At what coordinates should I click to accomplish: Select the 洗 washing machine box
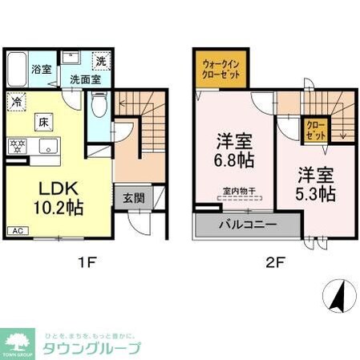[x=101, y=62]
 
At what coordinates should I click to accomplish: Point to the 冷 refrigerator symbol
[x=17, y=102]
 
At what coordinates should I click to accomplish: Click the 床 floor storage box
[x=44, y=122]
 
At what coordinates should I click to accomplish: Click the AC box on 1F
[x=17, y=232]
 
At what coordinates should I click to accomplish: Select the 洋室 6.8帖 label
[x=234, y=152]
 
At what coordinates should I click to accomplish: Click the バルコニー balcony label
[x=246, y=224]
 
